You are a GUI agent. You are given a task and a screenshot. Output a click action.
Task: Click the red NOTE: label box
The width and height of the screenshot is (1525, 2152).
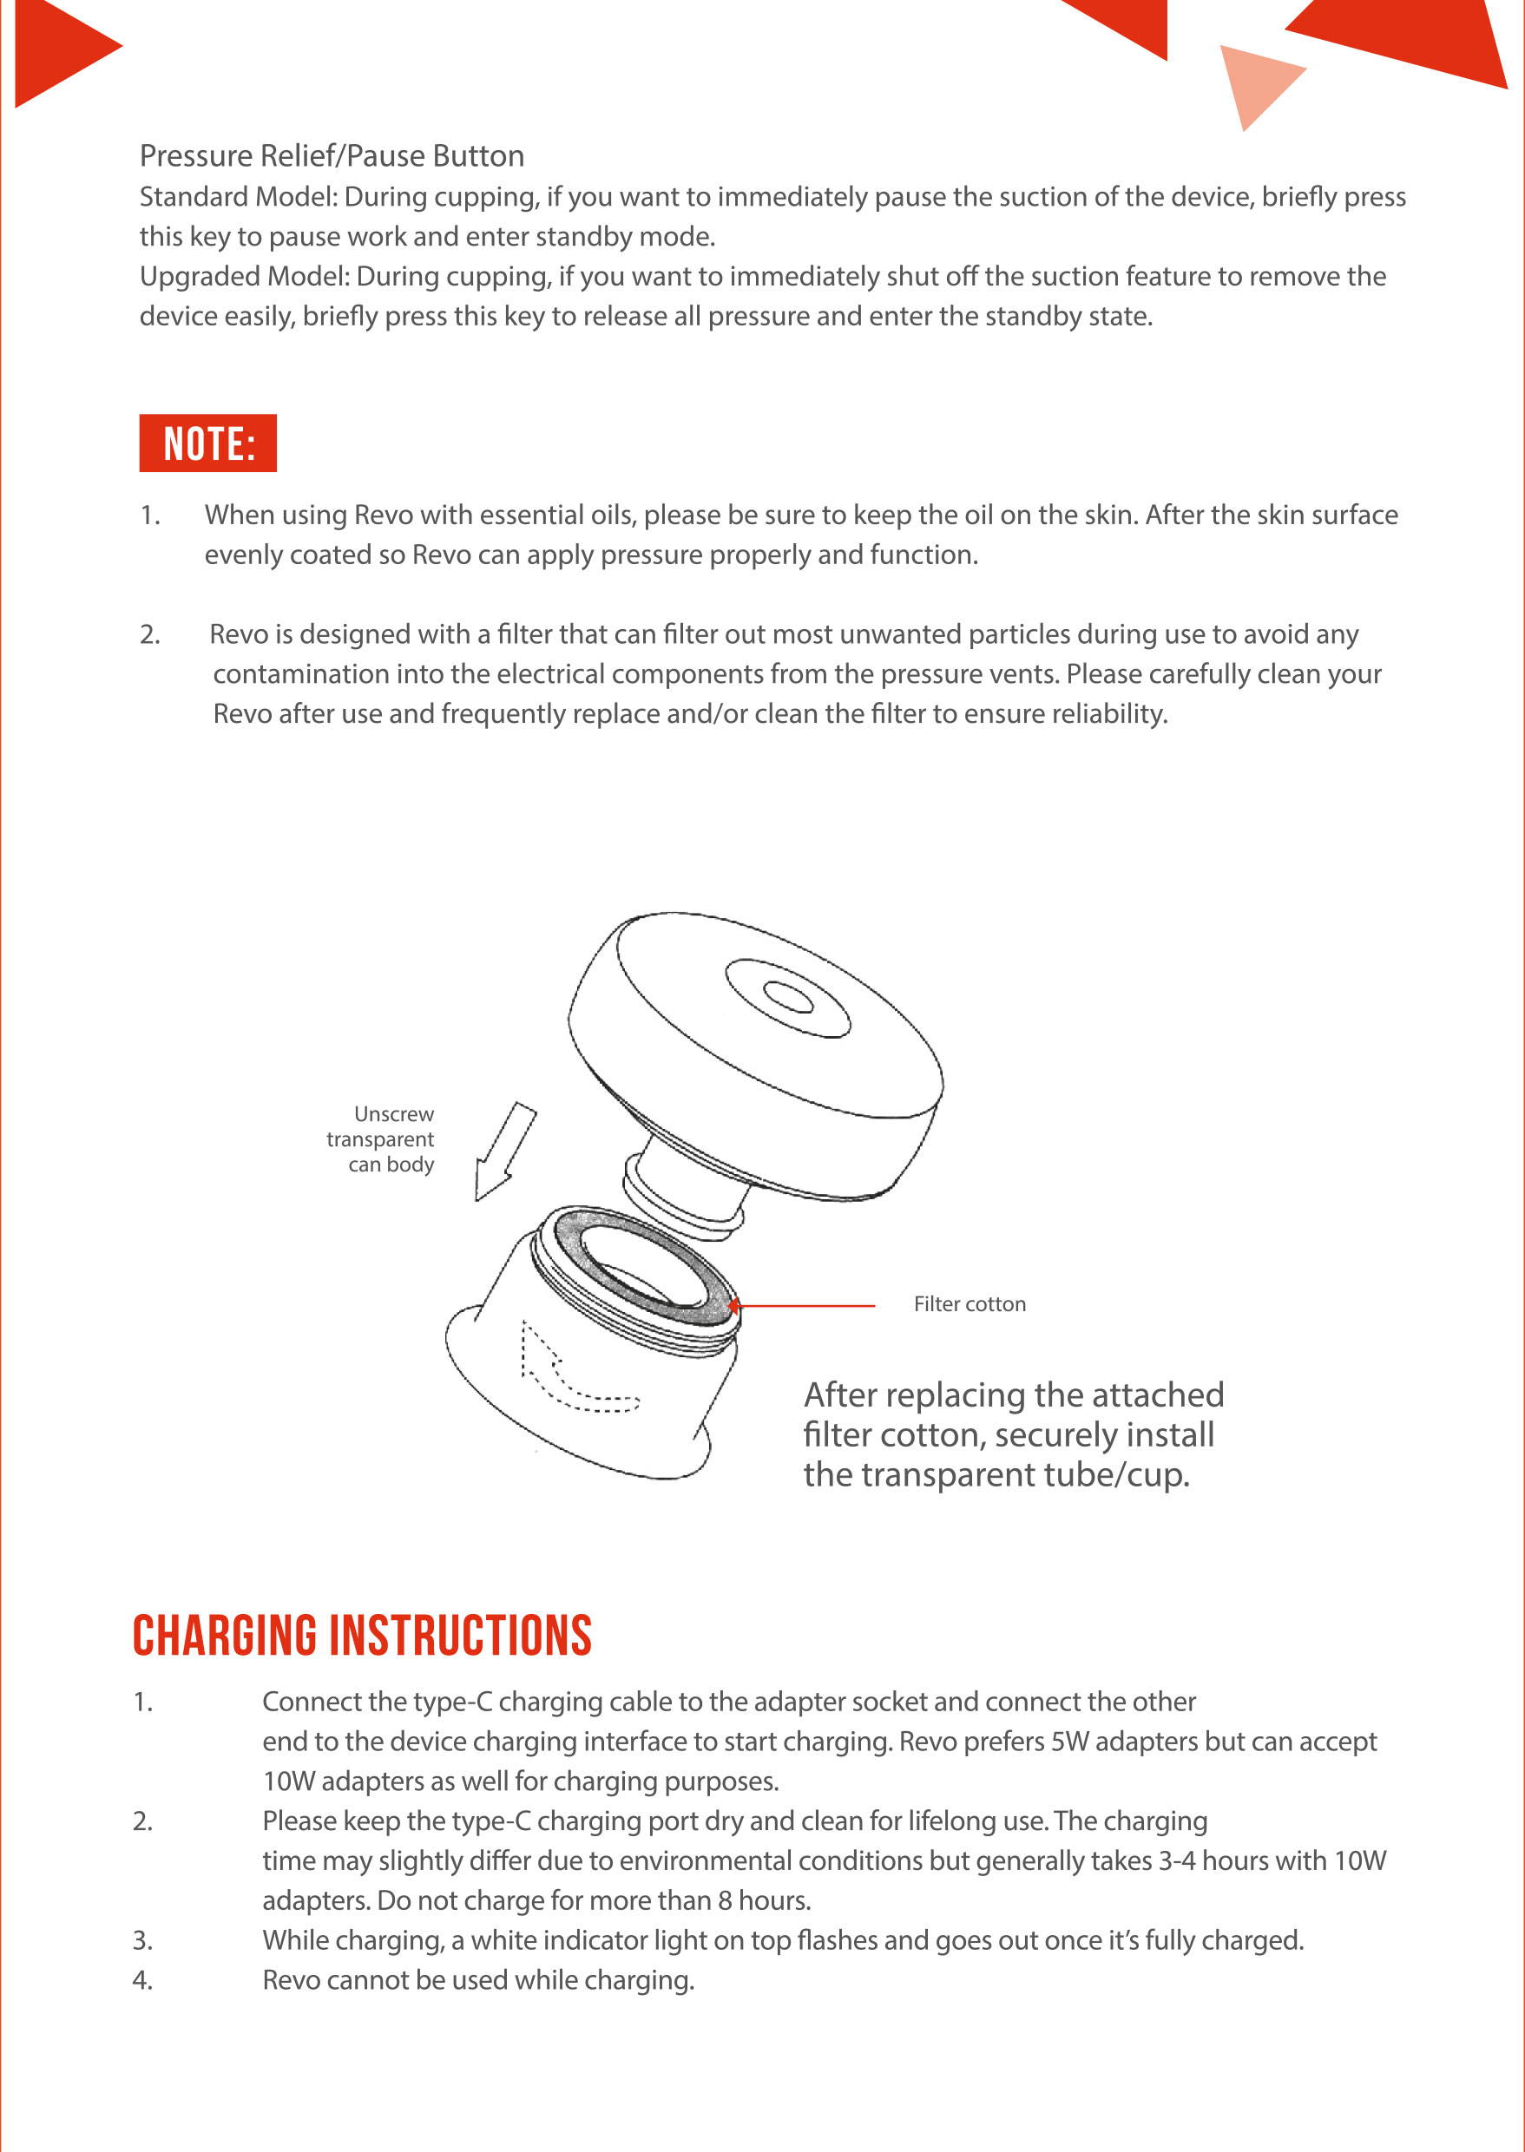point(207,443)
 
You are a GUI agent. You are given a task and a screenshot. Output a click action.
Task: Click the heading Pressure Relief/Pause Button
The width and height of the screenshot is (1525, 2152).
point(332,156)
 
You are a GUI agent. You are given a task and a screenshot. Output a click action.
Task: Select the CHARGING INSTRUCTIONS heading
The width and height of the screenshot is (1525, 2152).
point(362,1636)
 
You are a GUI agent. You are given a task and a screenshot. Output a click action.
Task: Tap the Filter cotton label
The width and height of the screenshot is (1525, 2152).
point(970,1304)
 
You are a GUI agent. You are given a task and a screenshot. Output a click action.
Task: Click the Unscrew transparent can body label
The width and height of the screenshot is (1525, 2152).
point(382,1138)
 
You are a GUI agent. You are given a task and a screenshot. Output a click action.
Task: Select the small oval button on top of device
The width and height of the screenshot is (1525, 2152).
point(788,997)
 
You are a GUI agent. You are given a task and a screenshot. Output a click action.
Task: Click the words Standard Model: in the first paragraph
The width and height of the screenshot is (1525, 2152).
point(239,197)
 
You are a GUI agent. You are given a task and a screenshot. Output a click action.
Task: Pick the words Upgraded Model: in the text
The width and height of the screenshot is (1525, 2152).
point(244,277)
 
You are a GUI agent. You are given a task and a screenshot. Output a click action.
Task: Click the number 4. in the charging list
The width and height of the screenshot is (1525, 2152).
point(142,1980)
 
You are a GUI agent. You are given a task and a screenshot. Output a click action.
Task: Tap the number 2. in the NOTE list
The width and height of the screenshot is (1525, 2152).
point(150,634)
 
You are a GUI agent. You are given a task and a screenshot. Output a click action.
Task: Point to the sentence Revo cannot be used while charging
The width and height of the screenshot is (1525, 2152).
point(478,1980)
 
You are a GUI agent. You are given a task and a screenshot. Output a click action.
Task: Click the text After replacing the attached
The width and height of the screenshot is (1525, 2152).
point(1013,1395)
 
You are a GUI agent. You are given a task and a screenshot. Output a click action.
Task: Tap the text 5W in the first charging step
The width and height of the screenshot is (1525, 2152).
point(1070,1742)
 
